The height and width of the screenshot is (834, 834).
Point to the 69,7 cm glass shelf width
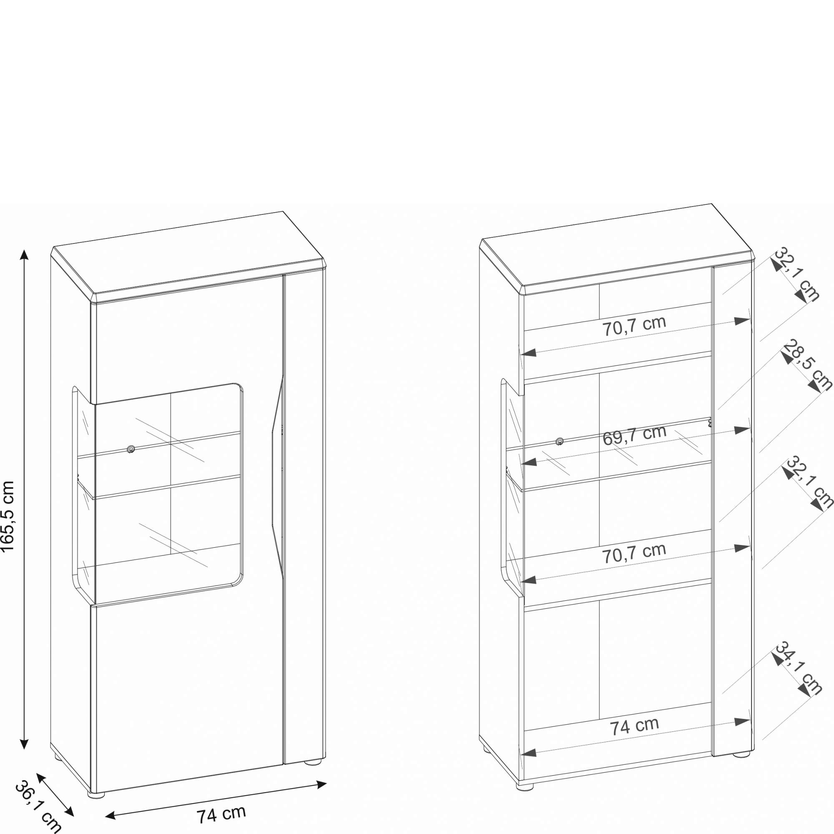coord(635,436)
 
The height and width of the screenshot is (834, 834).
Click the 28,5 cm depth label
coord(807,365)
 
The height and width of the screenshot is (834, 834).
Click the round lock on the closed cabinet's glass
coord(131,449)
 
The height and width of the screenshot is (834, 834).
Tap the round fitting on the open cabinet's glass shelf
coord(560,441)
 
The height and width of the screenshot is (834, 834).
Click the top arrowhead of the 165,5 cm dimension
coord(25,254)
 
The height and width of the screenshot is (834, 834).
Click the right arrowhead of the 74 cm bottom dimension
coord(321,784)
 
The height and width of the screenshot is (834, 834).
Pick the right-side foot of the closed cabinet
coord(314,762)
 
